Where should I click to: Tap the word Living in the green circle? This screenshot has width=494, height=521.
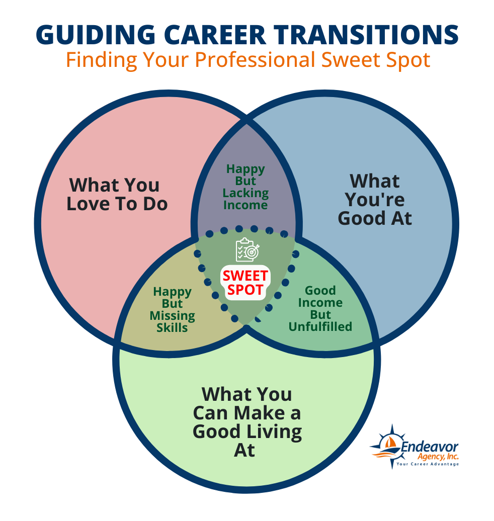pos(275,431)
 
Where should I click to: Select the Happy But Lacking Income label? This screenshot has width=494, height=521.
pos(245,187)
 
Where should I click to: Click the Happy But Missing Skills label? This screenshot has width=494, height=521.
pos(172,310)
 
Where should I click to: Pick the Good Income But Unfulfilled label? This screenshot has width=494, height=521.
pos(320,309)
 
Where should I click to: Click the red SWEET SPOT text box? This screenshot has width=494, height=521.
pos(246,283)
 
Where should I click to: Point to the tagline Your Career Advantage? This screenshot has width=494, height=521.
pos(428,464)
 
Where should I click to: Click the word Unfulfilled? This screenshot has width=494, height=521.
pos(320,327)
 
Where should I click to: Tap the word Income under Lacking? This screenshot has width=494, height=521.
pos(245,205)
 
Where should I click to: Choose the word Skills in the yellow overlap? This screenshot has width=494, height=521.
pos(172,328)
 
